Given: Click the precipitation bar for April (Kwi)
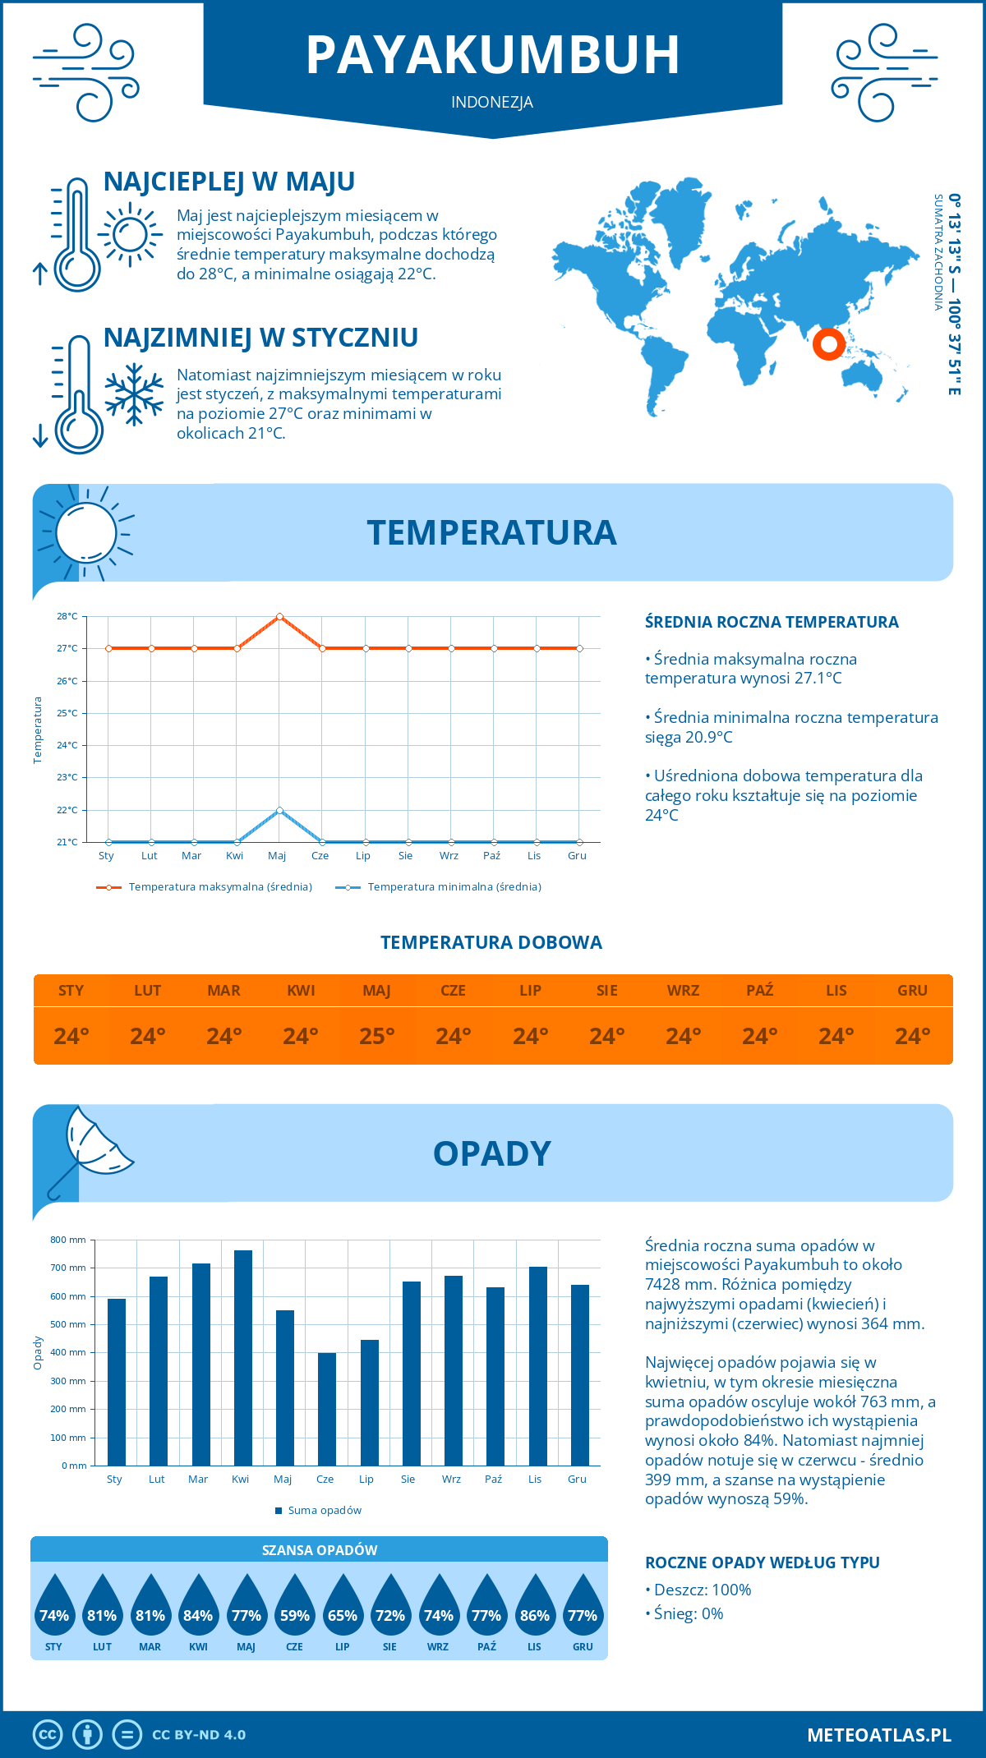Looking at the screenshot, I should pyautogui.click(x=243, y=1358).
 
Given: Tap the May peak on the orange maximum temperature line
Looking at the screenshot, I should pyautogui.click(x=280, y=616).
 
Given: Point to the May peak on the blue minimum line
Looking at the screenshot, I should pyautogui.click(x=280, y=810).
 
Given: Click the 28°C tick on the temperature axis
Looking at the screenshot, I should pyautogui.click(x=67, y=616).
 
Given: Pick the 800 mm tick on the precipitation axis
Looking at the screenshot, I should pyautogui.click(x=69, y=1240).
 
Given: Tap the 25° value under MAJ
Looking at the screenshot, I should pyautogui.click(x=377, y=1036).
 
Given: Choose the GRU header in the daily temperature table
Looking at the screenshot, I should pyautogui.click(x=912, y=991).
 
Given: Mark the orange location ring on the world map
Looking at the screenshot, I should pyautogui.click(x=829, y=343).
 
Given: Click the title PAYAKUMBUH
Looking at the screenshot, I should pyautogui.click(x=493, y=56).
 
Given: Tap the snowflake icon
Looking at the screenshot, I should pyautogui.click(x=134, y=394).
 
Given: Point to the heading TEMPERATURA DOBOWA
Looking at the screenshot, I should pyautogui.click(x=491, y=942).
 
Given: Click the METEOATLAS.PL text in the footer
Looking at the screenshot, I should pyautogui.click(x=879, y=1735).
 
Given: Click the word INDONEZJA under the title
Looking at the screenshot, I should pyautogui.click(x=492, y=103).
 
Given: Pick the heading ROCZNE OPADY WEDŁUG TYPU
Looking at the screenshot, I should pyautogui.click(x=762, y=1562).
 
